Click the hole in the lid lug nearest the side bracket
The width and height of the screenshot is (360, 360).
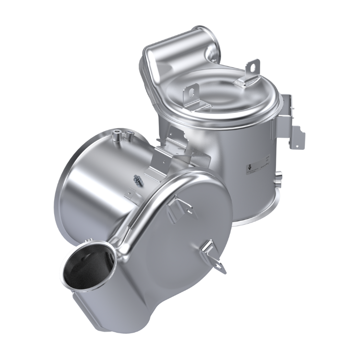[x=250, y=68]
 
